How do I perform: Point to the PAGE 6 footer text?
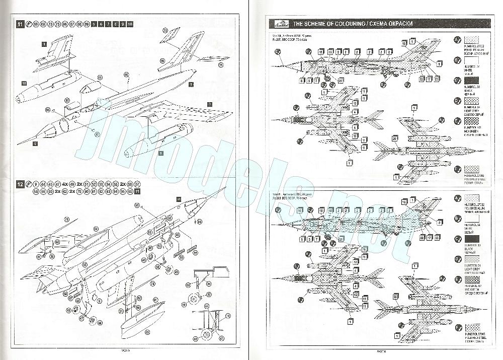380,351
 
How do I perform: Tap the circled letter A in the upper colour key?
457,40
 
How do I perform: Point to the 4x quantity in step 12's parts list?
65,185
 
